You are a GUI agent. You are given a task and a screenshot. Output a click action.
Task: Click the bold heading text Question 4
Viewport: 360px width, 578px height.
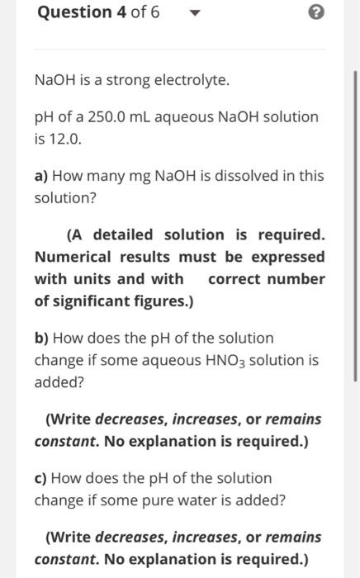(78, 13)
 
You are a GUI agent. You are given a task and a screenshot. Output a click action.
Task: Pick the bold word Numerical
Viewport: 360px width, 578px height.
(74, 257)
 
